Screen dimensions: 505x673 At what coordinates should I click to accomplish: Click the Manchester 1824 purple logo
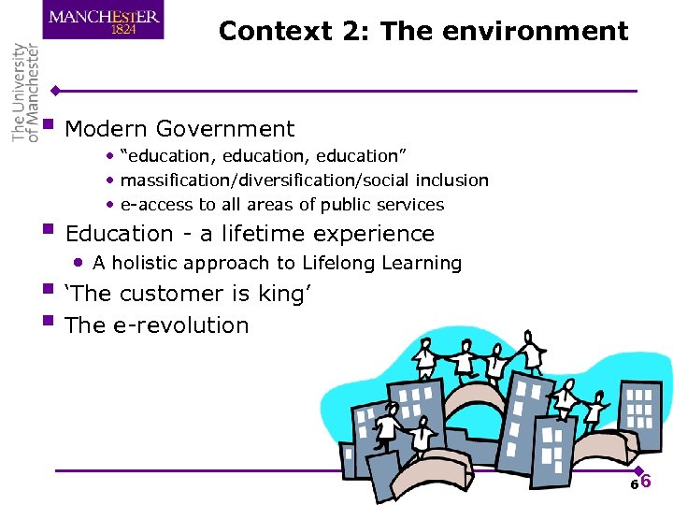(x=103, y=20)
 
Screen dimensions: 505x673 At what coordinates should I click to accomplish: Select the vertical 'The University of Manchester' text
(x=25, y=93)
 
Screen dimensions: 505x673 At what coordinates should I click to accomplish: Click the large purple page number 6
(x=645, y=483)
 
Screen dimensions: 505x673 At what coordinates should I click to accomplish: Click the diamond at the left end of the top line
(x=56, y=91)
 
